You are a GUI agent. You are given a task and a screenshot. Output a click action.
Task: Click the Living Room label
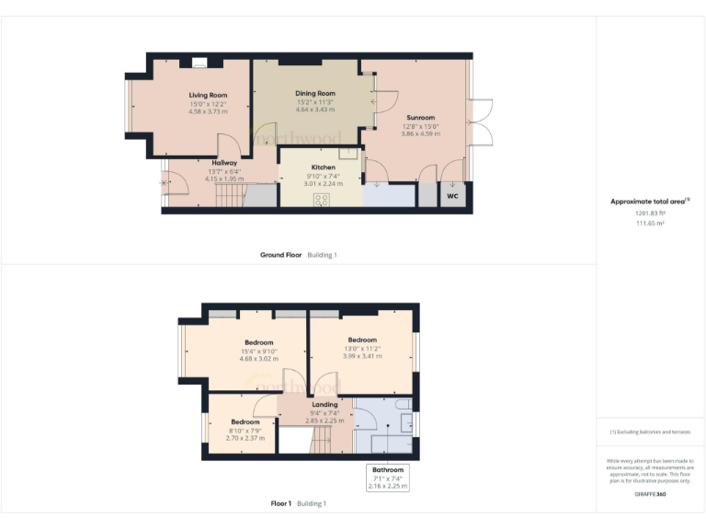coord(208,95)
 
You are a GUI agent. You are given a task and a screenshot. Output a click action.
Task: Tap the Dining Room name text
coord(315,93)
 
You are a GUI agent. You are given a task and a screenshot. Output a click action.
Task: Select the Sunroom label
coord(420,118)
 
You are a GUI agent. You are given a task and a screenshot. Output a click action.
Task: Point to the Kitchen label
coord(310,167)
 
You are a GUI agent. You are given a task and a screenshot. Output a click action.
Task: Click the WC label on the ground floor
coord(452,196)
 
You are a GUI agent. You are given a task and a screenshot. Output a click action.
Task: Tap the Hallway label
coord(224,163)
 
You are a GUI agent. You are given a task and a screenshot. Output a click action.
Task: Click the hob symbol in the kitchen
coord(322,200)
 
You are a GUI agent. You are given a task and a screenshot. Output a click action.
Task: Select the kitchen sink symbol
coord(348,153)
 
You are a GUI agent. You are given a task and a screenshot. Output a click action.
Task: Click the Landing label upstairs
coord(325,404)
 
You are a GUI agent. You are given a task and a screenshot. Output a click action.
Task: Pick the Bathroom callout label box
coord(387,477)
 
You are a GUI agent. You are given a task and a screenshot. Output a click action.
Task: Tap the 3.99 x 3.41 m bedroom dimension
coord(361,355)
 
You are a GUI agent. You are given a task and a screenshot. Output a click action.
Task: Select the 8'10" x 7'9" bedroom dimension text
coord(245,430)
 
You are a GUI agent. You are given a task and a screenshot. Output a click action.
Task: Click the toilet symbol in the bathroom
coord(403,406)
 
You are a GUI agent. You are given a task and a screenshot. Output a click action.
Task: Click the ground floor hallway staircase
coord(230,196)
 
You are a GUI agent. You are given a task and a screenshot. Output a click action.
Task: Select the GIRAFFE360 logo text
coord(649,494)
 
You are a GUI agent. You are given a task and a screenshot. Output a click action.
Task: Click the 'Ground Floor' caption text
coord(280,255)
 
